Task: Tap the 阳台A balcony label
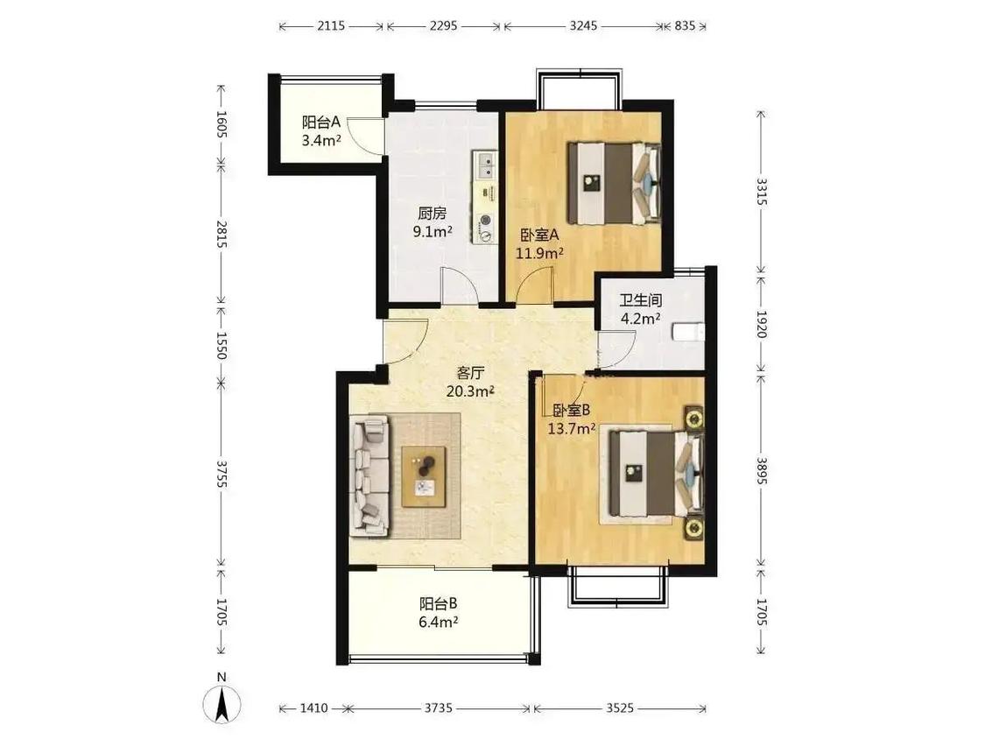pyautogui.click(x=321, y=122)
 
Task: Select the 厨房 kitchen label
pyautogui.click(x=433, y=214)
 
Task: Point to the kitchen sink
pyautogui.click(x=485, y=164)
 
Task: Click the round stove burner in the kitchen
pyautogui.click(x=486, y=221)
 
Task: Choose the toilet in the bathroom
pyautogui.click(x=688, y=332)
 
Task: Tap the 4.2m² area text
pyautogui.click(x=640, y=319)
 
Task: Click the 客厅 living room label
pyautogui.click(x=470, y=373)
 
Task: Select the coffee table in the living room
pyautogui.click(x=425, y=476)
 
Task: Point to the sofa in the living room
pyautogui.click(x=370, y=475)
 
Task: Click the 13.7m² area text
pyautogui.click(x=572, y=429)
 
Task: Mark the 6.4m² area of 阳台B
pyautogui.click(x=439, y=623)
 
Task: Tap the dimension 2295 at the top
pyautogui.click(x=444, y=25)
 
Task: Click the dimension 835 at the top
pyautogui.click(x=685, y=25)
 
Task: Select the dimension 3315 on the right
pyautogui.click(x=762, y=191)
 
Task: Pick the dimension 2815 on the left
pyautogui.click(x=222, y=234)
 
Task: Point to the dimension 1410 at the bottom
pyautogui.click(x=313, y=708)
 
